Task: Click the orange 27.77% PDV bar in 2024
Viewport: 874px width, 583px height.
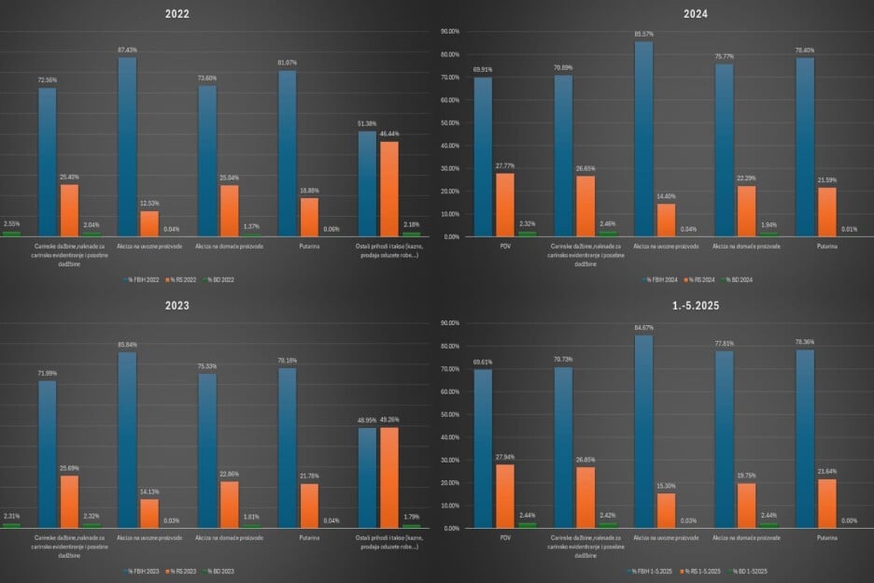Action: click(505, 206)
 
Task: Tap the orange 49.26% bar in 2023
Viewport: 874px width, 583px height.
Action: click(388, 476)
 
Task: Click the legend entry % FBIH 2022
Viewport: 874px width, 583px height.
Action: click(143, 279)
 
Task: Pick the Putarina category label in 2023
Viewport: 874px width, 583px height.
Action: click(309, 538)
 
